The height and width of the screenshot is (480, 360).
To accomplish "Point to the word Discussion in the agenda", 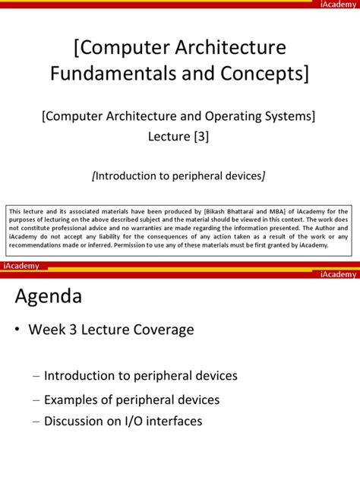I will (x=75, y=421).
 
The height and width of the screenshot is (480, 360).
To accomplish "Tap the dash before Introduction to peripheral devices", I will (x=37, y=376).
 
